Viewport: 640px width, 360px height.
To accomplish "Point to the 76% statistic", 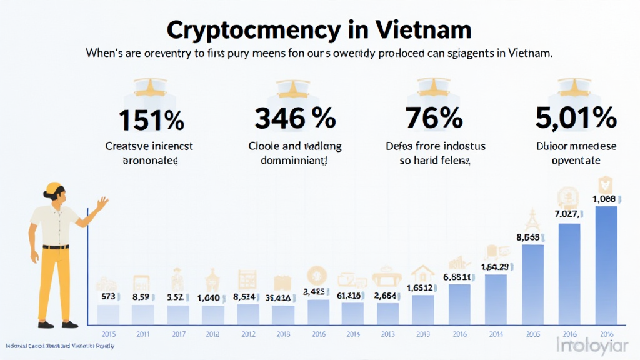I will click(434, 118).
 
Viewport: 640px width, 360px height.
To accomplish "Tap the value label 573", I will click(109, 296).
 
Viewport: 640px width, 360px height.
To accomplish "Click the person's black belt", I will click(56, 247).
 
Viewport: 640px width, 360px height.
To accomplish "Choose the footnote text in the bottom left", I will click(59, 346).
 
